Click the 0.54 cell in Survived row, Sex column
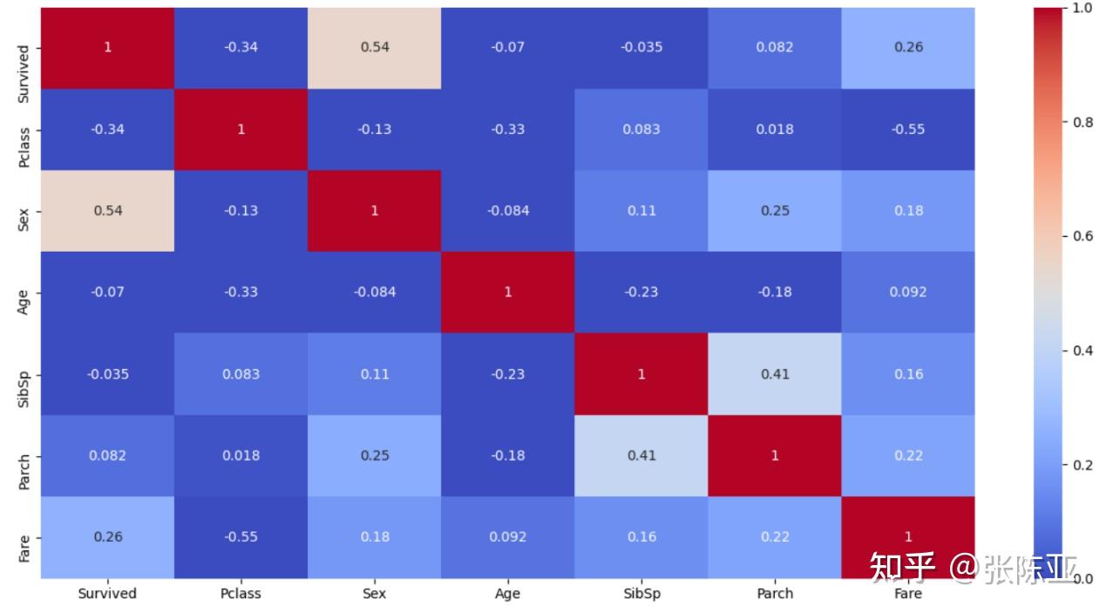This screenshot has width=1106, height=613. (x=375, y=47)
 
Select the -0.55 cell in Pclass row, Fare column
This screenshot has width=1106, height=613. (x=908, y=129)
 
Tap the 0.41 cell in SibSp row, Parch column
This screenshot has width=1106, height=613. (x=775, y=374)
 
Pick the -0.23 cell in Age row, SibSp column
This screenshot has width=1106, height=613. (x=641, y=292)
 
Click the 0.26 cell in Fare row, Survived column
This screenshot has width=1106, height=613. (x=107, y=536)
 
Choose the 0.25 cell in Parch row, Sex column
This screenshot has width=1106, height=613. (x=375, y=455)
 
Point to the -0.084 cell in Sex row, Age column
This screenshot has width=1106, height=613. (x=508, y=211)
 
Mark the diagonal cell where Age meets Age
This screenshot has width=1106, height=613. (x=508, y=292)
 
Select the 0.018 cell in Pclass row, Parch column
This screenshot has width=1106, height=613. (x=775, y=129)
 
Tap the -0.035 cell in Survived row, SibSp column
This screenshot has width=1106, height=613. (x=641, y=47)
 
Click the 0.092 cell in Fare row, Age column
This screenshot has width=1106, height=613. (x=508, y=536)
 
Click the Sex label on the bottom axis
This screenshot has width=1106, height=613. (x=375, y=594)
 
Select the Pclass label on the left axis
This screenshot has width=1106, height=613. (x=24, y=129)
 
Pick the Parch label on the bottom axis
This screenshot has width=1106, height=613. (x=775, y=594)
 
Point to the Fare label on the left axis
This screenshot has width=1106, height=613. (x=24, y=536)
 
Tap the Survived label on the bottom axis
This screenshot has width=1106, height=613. (x=107, y=594)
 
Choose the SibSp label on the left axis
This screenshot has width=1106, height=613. (x=24, y=374)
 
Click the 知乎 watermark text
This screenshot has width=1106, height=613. (x=902, y=567)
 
